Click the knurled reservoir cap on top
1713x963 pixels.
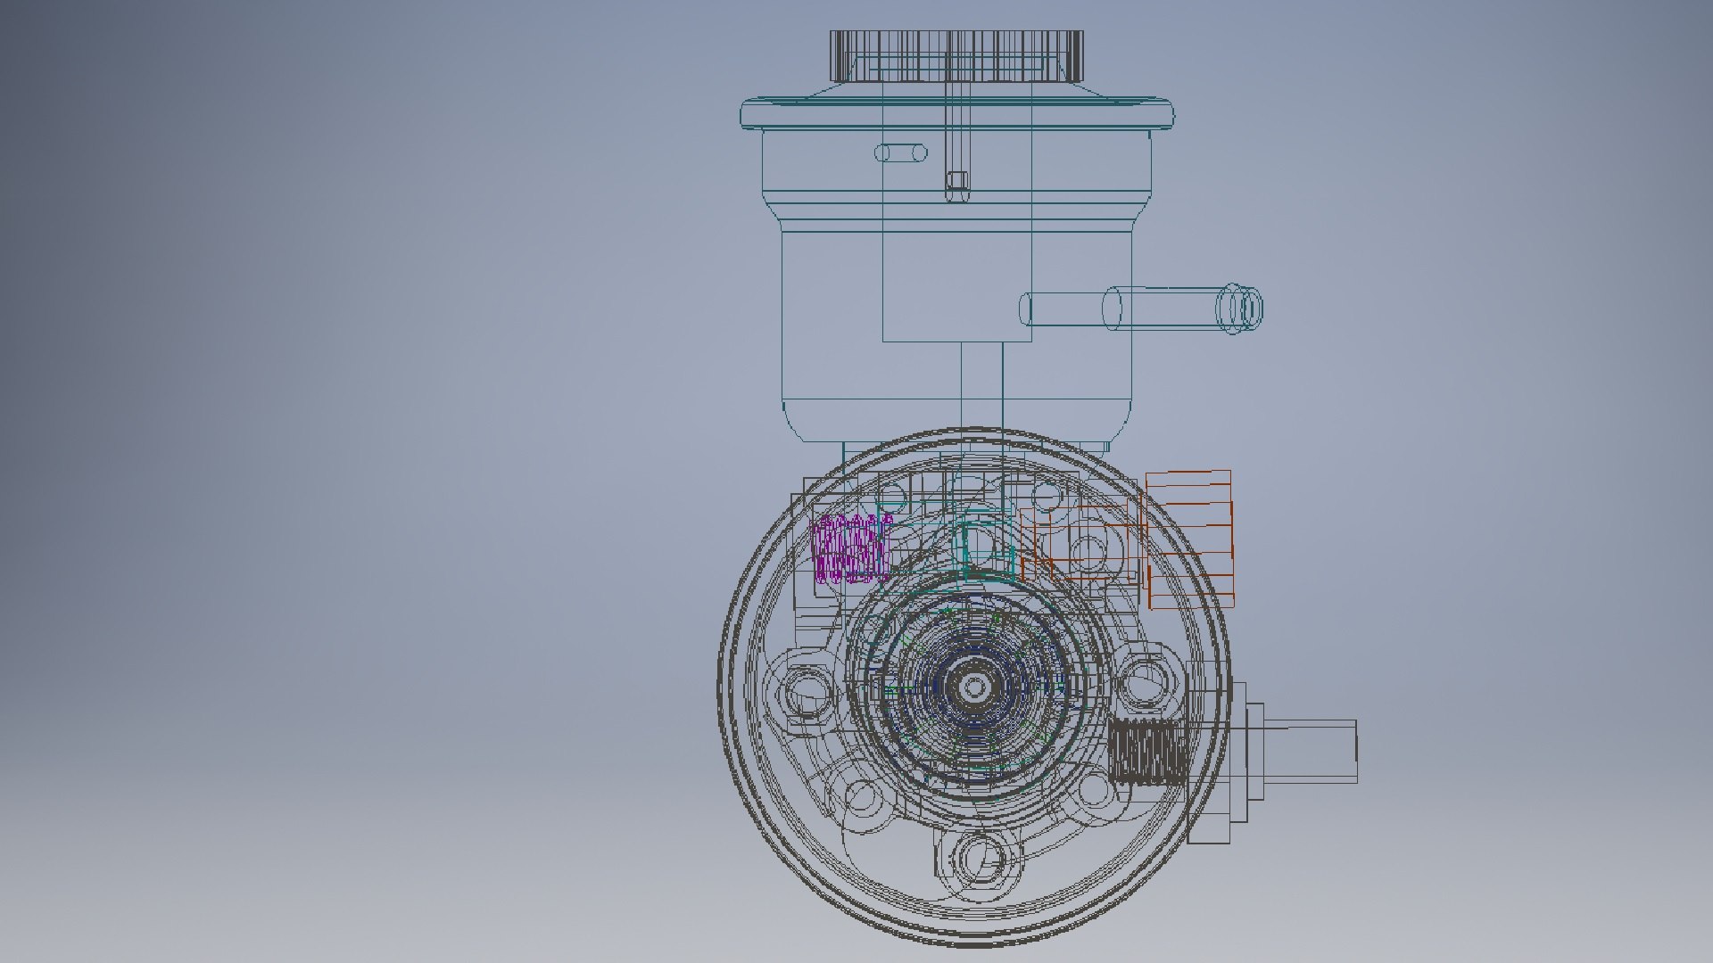[956, 55]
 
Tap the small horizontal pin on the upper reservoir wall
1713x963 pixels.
[900, 152]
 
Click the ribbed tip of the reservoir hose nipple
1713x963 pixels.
[1242, 309]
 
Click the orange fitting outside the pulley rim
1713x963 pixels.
[1189, 539]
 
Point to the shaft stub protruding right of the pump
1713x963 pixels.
[1312, 752]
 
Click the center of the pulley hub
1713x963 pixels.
[974, 687]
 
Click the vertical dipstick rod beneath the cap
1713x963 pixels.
[956, 134]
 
